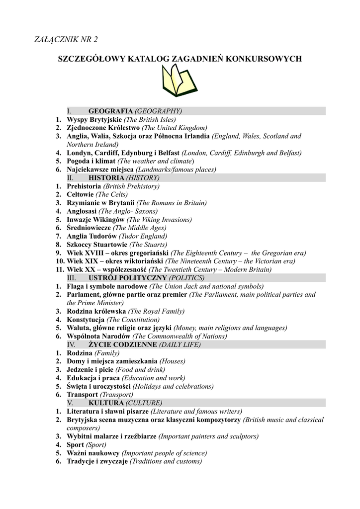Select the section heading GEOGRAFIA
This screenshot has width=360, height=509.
point(110,111)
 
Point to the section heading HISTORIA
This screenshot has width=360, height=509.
point(106,177)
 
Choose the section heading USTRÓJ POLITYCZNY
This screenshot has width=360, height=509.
point(128,278)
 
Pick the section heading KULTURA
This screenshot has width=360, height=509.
point(106,403)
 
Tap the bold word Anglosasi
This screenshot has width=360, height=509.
point(82,211)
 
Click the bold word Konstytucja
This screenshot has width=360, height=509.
point(86,320)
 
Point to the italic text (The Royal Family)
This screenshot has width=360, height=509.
point(156,311)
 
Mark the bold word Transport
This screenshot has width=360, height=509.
point(83,395)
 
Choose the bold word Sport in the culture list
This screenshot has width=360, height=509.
point(75,444)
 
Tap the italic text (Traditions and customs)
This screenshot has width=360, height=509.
point(166,461)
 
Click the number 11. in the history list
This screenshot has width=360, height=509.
point(60,269)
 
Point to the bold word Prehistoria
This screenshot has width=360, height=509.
point(84,186)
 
